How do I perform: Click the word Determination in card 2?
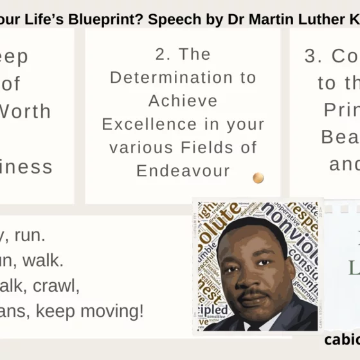point(183,78)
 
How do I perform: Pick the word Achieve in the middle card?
point(183,101)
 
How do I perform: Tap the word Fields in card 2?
point(203,147)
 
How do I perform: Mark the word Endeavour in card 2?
point(183,170)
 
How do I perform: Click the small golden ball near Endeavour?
point(258,177)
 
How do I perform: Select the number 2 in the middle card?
point(160,55)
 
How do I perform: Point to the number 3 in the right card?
point(312,57)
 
